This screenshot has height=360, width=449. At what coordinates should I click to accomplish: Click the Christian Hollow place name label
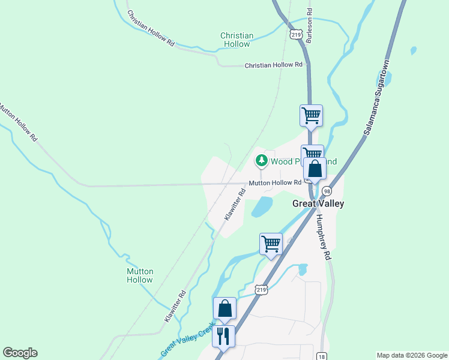[237, 40]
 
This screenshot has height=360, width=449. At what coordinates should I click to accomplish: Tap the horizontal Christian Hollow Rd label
[273, 65]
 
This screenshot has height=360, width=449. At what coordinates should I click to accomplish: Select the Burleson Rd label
[309, 25]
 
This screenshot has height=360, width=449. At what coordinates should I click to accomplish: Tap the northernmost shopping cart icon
[311, 115]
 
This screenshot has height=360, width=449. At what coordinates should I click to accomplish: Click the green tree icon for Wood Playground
[261, 161]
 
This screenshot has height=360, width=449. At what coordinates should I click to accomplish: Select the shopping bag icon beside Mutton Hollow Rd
[315, 169]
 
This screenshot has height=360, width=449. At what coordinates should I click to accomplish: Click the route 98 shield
[326, 191]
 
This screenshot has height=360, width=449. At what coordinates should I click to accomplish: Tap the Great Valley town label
[318, 203]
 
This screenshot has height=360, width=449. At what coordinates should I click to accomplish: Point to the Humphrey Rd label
[324, 237]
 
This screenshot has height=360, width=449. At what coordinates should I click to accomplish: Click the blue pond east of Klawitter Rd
[262, 207]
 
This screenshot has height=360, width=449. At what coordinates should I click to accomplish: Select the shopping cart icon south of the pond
[271, 244]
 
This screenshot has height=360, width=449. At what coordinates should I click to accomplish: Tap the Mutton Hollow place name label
[140, 275]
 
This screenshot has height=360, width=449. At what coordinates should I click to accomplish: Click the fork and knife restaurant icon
[224, 335]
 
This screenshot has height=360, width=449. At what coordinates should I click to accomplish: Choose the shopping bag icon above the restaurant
[224, 308]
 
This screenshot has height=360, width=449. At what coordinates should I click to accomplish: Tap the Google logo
[20, 353]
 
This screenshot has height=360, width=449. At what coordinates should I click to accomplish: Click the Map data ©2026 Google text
[411, 355]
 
